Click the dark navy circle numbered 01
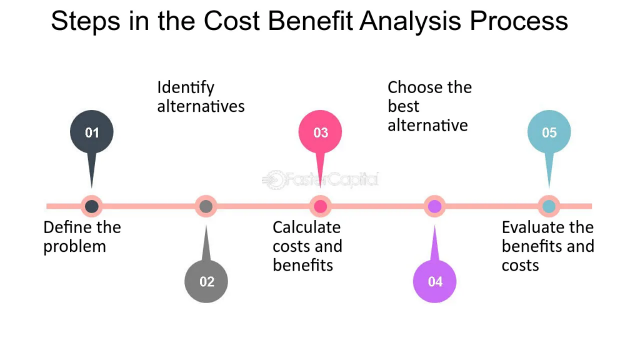click(x=92, y=132)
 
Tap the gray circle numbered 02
click(x=206, y=281)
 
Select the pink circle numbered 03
click(x=321, y=132)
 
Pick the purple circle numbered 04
click(x=435, y=281)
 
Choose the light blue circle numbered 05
click(x=549, y=132)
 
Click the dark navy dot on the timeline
click(x=92, y=206)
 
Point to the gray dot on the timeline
click(x=206, y=206)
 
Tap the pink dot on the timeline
click(x=321, y=206)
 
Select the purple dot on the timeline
click(x=435, y=206)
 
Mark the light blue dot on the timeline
click(x=549, y=206)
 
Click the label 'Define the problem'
click(x=82, y=237)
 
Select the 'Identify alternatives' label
click(x=201, y=97)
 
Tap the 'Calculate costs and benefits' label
click(x=307, y=246)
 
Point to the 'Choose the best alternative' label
click(x=430, y=106)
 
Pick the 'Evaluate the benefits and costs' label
click(x=547, y=246)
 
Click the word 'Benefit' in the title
click(x=310, y=21)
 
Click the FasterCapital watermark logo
click(x=321, y=179)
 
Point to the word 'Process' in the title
click(x=519, y=21)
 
